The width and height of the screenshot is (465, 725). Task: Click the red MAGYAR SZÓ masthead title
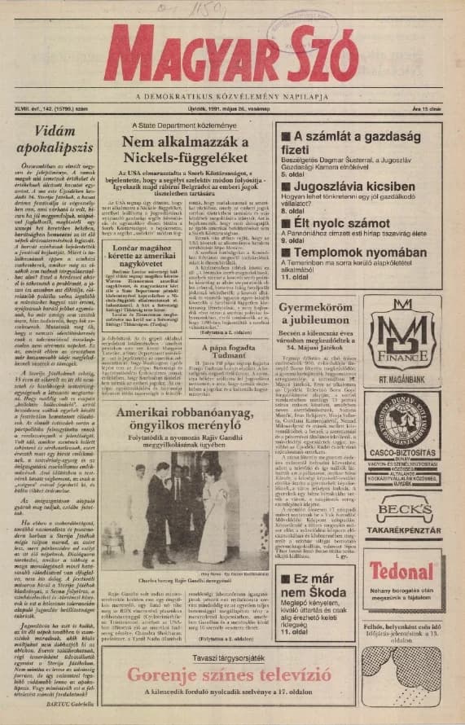[232, 55]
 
